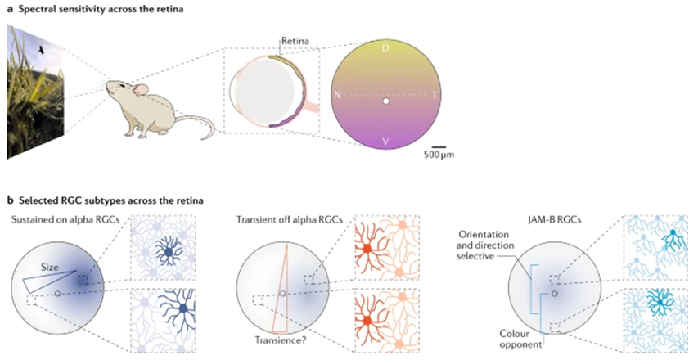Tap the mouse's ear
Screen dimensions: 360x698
point(141,88)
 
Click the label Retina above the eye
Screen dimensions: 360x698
point(294,39)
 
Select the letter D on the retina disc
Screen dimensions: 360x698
point(385,48)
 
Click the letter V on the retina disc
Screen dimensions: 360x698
point(385,142)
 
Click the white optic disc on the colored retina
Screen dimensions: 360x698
point(385,101)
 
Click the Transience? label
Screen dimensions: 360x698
point(276,344)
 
